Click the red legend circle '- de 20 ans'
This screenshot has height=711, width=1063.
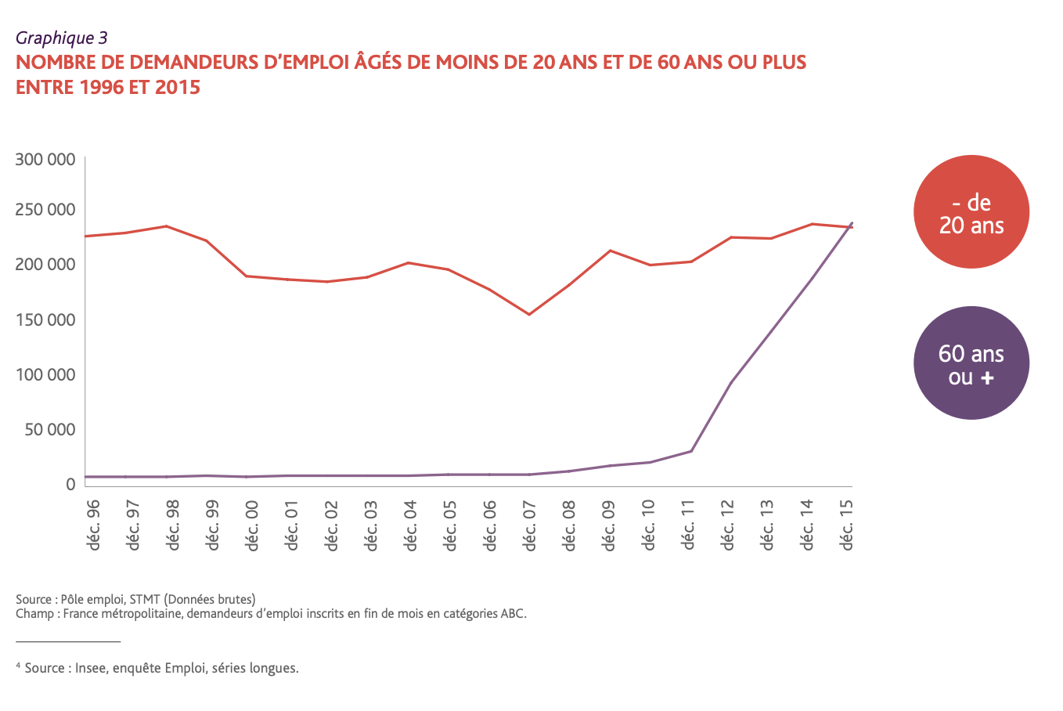(971, 212)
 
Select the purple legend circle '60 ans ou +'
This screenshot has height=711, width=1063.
(971, 363)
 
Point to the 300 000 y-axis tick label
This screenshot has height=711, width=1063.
(45, 160)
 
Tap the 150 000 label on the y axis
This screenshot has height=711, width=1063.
(45, 319)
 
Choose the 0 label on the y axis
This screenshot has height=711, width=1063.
(70, 485)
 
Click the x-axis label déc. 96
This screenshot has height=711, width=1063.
(94, 525)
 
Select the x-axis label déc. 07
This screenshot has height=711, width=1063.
(530, 525)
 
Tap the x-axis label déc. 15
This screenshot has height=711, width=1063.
(847, 525)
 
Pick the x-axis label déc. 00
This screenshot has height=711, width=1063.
(252, 525)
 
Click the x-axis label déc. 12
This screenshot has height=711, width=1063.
(728, 525)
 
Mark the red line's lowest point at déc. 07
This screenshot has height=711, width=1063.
(529, 315)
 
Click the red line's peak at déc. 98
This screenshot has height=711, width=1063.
(166, 226)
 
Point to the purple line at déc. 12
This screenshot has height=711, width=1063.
(730, 383)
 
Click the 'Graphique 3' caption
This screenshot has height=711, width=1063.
(61, 38)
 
